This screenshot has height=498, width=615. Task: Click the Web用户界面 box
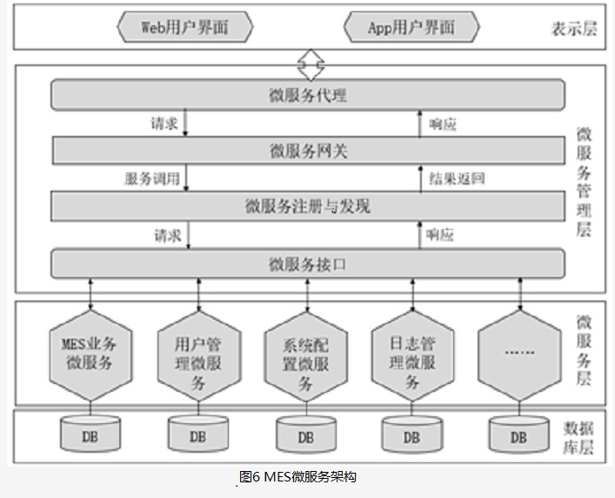coord(185,27)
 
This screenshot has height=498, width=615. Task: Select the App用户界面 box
coord(411,27)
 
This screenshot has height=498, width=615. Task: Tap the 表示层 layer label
coord(574,29)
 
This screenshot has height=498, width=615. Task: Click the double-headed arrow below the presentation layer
coord(311,64)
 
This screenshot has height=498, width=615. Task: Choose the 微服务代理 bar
coord(308,95)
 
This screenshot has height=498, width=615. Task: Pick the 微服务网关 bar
coord(309,151)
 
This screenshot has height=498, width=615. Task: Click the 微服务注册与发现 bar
coord(308,206)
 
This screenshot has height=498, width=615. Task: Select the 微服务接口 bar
coord(308,264)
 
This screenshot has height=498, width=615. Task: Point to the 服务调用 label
coord(152,178)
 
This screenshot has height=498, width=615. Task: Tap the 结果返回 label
coord(457,178)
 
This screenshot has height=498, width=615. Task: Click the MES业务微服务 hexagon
coord(90,356)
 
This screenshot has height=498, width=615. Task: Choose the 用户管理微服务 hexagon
coord(199,356)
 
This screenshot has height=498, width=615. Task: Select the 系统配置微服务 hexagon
coord(306,357)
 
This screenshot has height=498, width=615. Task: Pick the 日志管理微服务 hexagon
coord(412,356)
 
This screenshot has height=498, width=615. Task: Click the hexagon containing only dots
coord(520,356)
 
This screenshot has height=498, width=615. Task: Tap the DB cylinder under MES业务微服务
coord(90,434)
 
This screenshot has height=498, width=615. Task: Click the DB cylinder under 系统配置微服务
coord(306,434)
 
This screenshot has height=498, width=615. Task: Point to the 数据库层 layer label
coord(578,438)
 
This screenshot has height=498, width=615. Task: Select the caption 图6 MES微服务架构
coord(297,477)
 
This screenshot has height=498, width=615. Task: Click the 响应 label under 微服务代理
coord(443,124)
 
